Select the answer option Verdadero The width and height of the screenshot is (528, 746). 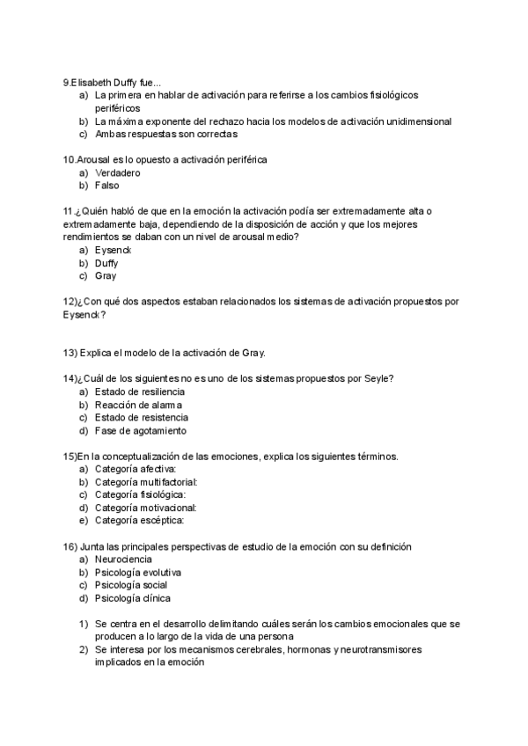pos(117,172)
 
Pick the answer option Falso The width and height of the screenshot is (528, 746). pos(106,186)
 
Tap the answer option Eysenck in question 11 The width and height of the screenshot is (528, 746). pos(114,250)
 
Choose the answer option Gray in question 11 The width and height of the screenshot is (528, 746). pos(106,276)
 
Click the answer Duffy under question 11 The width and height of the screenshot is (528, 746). pos(106,263)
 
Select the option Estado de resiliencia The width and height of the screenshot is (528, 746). pos(140,391)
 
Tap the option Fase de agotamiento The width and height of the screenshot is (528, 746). pos(140,430)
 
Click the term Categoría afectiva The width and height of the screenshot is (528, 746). pos(136,469)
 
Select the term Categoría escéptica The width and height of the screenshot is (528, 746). pos(139,520)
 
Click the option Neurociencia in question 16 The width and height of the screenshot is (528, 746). pos(123,559)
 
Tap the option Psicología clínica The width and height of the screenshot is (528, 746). pos(133,598)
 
